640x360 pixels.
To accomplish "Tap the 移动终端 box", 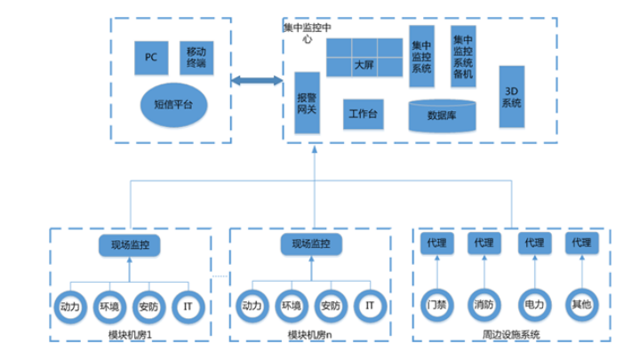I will click(x=196, y=58).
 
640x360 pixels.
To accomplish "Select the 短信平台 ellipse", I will click(x=174, y=104).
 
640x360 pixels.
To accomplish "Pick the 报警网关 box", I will click(x=307, y=103).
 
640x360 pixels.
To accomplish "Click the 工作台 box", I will click(x=364, y=114).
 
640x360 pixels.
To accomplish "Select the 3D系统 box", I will click(x=511, y=97).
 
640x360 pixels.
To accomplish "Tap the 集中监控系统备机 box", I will click(x=464, y=58).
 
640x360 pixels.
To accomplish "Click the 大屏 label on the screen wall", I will click(x=364, y=65).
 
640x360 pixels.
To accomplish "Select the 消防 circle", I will click(x=485, y=303).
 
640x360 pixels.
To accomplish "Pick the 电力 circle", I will click(x=533, y=303).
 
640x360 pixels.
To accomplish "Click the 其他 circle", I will click(x=581, y=303).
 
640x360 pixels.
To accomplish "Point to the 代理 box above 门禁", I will click(x=436, y=243).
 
